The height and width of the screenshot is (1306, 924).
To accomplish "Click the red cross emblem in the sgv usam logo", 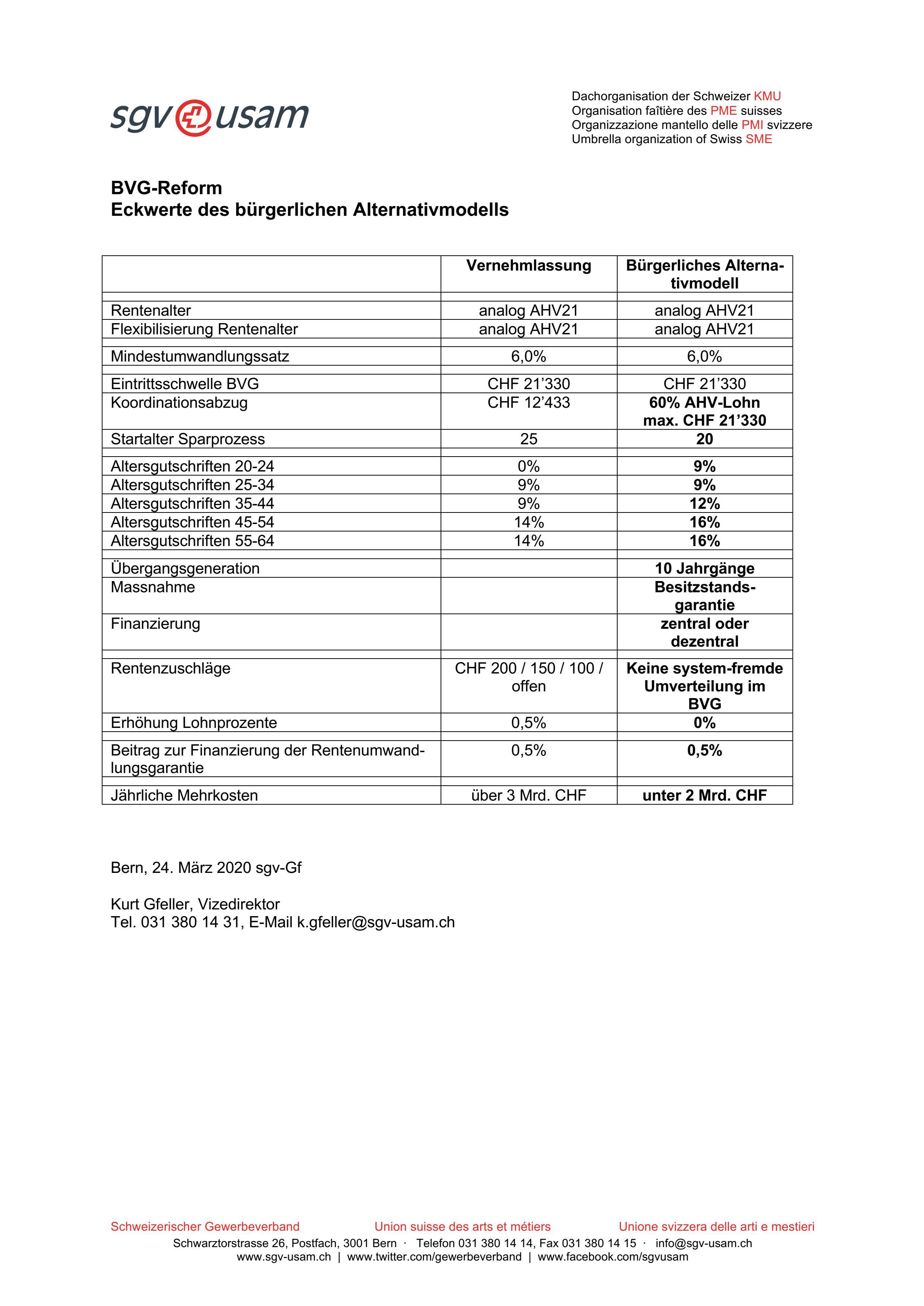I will [193, 118].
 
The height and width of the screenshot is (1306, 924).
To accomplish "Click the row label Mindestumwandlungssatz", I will [200, 357].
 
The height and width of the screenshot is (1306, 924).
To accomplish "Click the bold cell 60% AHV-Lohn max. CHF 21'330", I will [704, 411].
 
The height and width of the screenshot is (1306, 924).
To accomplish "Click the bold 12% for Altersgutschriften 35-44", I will [704, 504].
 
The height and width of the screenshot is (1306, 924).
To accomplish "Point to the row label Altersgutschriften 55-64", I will [192, 541].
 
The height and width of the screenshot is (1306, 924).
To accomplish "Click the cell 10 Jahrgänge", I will [704, 569].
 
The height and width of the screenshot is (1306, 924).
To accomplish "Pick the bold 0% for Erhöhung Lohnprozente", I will [704, 723].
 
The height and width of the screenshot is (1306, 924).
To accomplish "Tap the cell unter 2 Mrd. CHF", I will [704, 796].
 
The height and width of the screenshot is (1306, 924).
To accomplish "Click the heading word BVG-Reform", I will [166, 188].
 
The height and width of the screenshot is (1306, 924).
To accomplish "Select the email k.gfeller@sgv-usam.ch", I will [375, 922].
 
